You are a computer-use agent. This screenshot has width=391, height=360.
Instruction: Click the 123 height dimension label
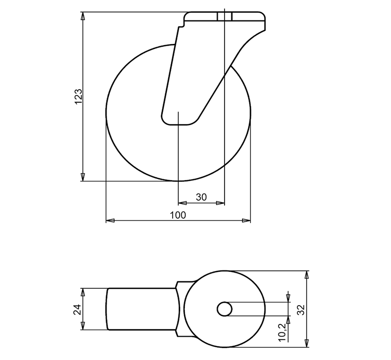coord(78,97)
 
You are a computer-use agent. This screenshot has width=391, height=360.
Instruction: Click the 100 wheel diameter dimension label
coord(178,215)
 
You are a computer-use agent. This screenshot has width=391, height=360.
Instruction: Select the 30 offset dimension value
coord(201,198)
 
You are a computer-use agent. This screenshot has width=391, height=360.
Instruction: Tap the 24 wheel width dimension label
coord(77,309)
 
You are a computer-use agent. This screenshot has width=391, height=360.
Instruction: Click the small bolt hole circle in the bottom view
coord(224,309)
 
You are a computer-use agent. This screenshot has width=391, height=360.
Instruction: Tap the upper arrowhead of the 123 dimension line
coord(83,16)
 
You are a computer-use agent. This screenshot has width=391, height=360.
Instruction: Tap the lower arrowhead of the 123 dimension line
coord(83,177)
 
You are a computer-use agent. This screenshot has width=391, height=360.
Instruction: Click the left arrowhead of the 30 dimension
coord(181,203)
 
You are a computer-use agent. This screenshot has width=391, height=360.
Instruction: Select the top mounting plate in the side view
coord(225,18)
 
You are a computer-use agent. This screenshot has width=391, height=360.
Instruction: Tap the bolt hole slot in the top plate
coord(224,17)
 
